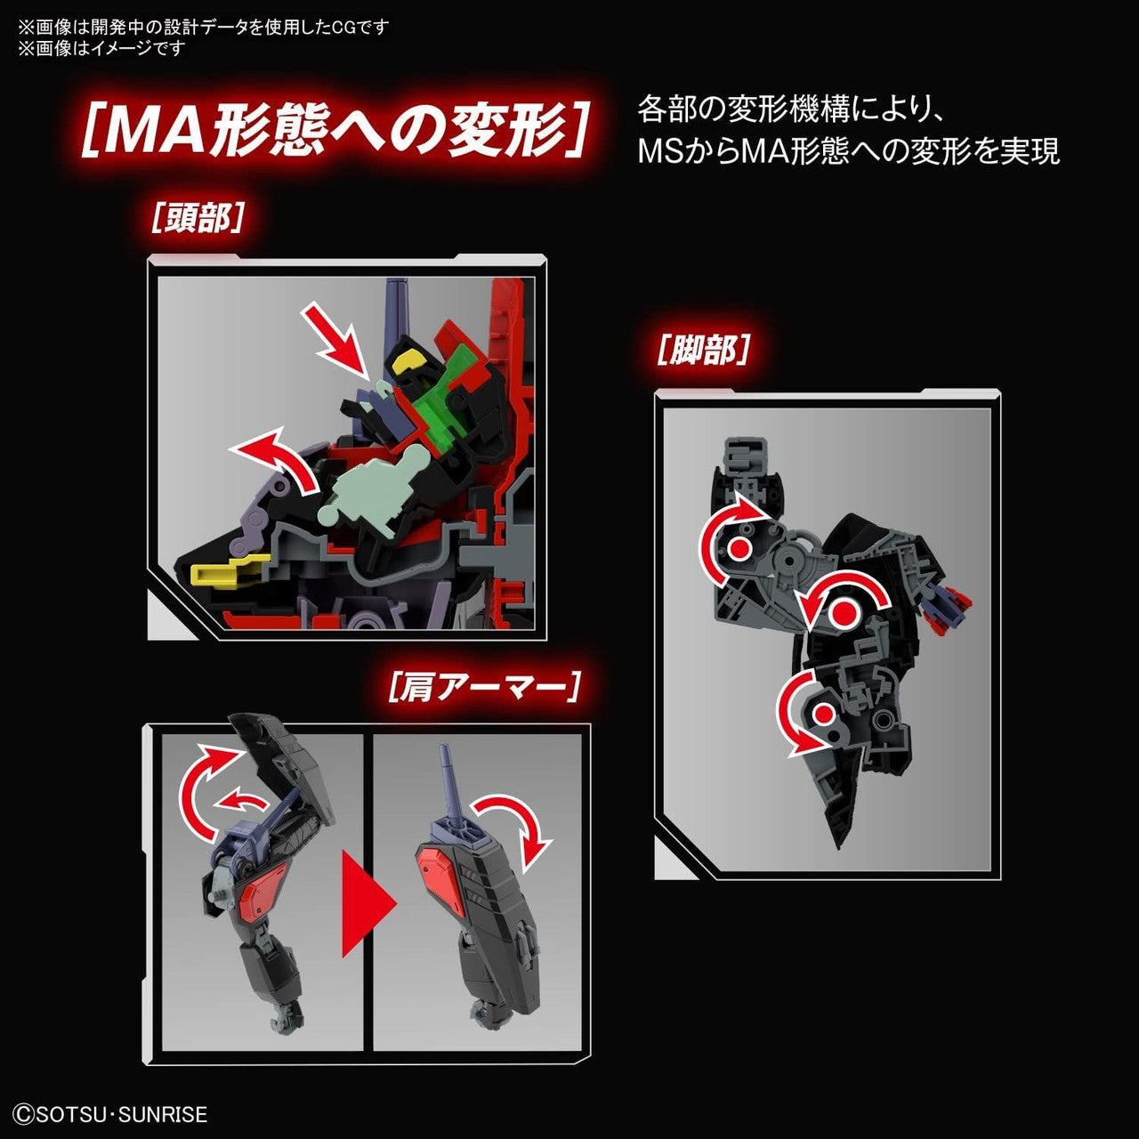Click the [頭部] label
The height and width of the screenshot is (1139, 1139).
click(x=198, y=217)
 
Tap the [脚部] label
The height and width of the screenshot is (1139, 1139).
click(x=702, y=350)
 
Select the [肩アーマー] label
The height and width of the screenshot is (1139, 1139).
click(x=485, y=687)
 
